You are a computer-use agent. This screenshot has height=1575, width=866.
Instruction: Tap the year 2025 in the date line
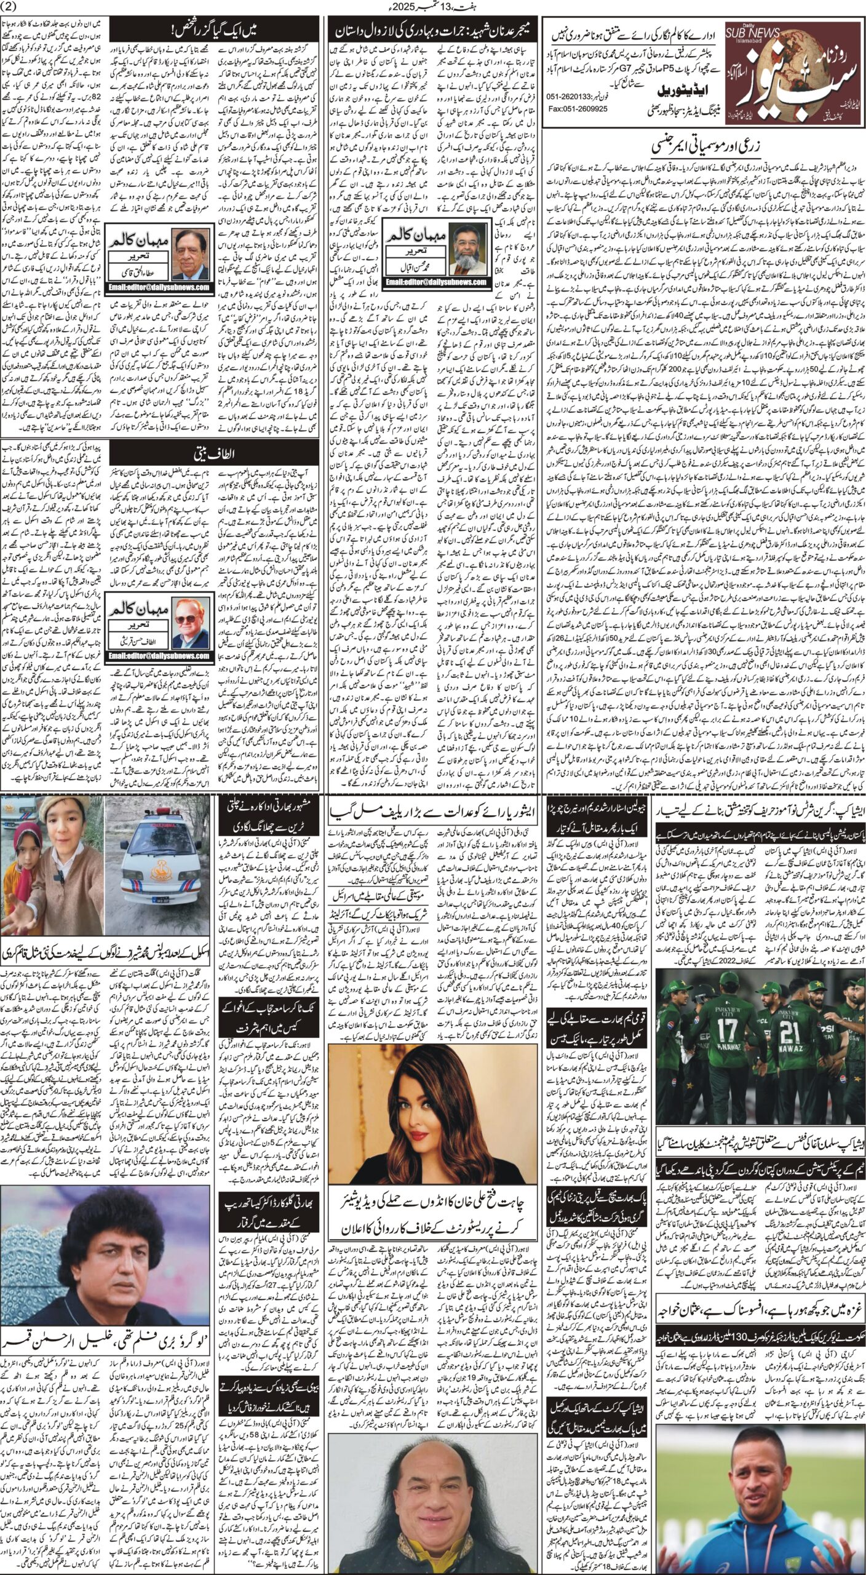(x=463, y=7)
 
